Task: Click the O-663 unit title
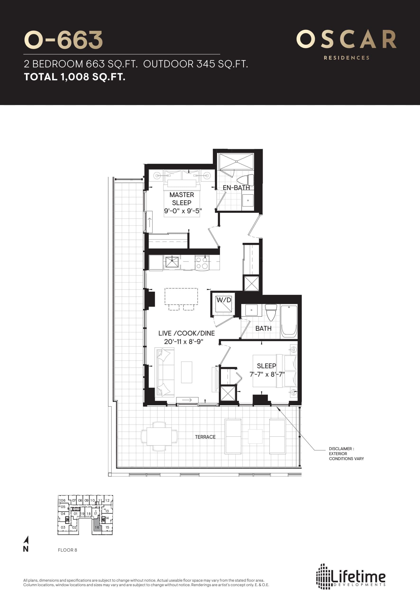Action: click(x=63, y=40)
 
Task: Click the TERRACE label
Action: click(x=205, y=437)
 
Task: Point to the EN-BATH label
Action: click(x=236, y=188)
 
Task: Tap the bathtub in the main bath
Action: click(x=289, y=321)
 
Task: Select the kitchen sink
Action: click(x=172, y=262)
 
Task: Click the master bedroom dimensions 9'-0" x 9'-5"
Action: click(x=183, y=211)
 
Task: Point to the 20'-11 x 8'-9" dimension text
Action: click(x=184, y=342)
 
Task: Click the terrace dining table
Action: click(x=159, y=437)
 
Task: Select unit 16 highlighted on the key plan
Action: click(x=97, y=527)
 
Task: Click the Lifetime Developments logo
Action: click(x=351, y=576)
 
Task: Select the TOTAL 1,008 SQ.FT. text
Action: click(x=74, y=77)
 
